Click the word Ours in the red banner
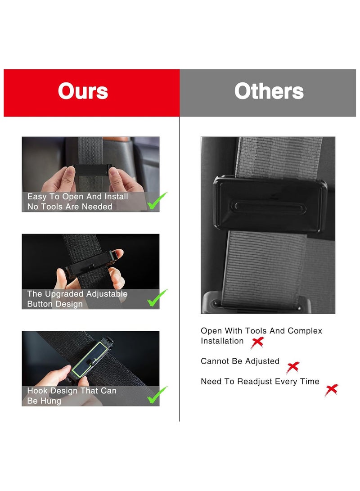click(x=83, y=91)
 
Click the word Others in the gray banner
click(x=269, y=91)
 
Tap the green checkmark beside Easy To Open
click(x=157, y=201)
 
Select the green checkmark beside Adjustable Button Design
click(x=157, y=298)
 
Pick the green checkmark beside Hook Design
click(x=157, y=395)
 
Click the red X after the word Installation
click(x=257, y=343)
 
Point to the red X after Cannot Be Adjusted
click(x=292, y=367)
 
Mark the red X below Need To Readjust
click(x=331, y=390)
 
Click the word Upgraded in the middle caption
click(x=60, y=294)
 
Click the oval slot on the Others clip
click(x=269, y=207)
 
